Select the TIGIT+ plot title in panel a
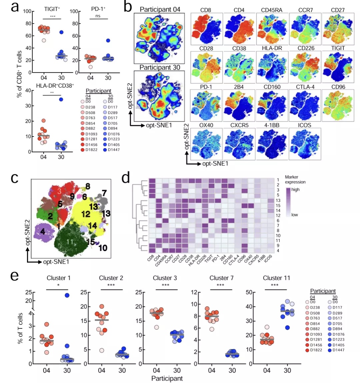52,9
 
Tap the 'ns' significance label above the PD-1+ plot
98,16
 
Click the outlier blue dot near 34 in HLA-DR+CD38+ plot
61,99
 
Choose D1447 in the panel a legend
113,150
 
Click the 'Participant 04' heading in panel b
160,9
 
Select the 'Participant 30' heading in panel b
160,67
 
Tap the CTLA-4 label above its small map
305,87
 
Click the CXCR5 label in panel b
239,125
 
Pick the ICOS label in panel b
305,125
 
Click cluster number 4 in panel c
43,231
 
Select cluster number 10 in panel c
103,248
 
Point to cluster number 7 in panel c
104,193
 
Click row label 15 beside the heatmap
278,205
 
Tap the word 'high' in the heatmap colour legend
295,190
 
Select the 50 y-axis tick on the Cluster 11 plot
249,292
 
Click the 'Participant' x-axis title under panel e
167,378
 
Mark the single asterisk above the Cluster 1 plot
58,285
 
